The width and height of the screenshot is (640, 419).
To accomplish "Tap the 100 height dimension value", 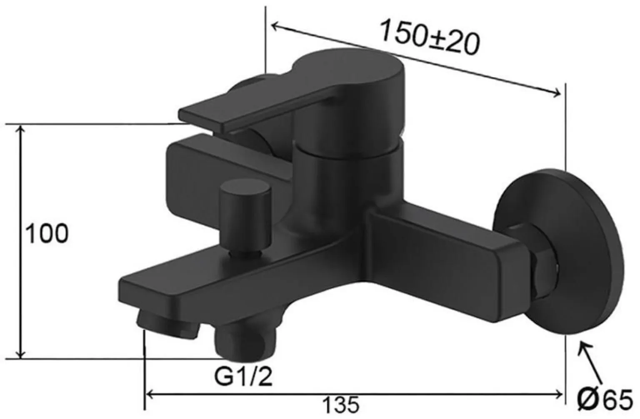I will [47, 234].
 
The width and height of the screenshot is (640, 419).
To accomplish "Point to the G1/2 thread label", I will [244, 377].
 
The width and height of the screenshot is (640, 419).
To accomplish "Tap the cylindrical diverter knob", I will [245, 217].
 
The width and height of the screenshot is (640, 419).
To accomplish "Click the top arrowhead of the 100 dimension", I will [20, 129].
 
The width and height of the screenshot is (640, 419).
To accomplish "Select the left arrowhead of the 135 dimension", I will [149, 393].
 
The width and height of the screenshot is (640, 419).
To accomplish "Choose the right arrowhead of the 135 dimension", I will [559, 393].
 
